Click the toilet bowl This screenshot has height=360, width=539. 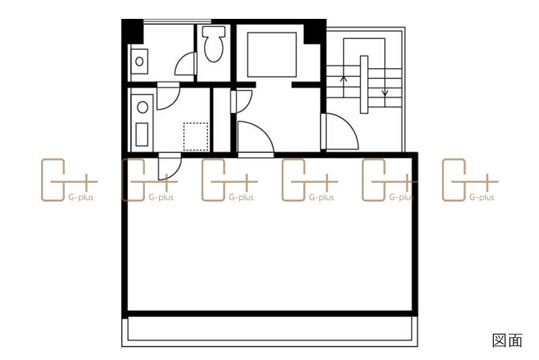pyautogui.click(x=214, y=44)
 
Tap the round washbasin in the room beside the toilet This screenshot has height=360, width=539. pyautogui.click(x=139, y=61)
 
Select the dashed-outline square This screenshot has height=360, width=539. pyautogui.click(x=195, y=136)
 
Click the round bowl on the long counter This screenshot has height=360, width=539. pyautogui.click(x=143, y=107)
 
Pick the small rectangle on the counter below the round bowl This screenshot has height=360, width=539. pyautogui.click(x=142, y=134)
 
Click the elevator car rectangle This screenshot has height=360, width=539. pyautogui.click(x=272, y=55)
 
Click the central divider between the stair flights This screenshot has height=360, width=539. pyautogui.click(x=364, y=84)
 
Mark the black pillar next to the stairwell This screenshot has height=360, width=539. pyautogui.click(x=315, y=32)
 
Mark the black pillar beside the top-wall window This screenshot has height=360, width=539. pyautogui.click(x=133, y=32)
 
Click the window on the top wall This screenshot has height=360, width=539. pyautogui.click(x=177, y=22)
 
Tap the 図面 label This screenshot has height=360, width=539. pyautogui.click(x=507, y=340)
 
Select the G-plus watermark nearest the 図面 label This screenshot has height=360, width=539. pyautogui.click(x=470, y=180)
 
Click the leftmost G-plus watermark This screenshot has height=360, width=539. pyautogui.click(x=69, y=180)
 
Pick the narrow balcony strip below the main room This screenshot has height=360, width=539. pyautogui.click(x=270, y=332)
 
